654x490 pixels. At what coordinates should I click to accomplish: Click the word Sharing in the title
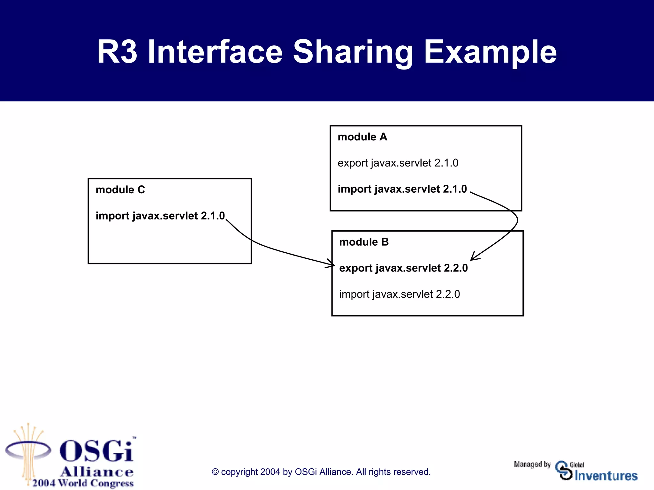click(353, 52)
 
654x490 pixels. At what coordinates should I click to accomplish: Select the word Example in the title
click(490, 52)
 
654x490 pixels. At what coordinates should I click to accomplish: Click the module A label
click(362, 137)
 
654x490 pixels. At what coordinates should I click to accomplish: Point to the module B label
click(364, 242)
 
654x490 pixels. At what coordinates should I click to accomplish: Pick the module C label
click(120, 190)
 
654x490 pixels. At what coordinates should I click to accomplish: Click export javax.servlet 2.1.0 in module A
click(398, 163)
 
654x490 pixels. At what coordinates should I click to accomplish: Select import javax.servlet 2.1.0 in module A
click(402, 189)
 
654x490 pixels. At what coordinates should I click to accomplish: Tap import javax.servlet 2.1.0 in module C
click(160, 216)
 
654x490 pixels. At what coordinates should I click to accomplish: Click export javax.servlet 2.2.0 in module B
click(403, 268)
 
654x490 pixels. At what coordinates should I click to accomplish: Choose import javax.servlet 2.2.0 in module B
click(399, 294)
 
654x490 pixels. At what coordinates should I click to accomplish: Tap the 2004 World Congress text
click(83, 483)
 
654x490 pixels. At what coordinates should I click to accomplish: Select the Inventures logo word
click(606, 476)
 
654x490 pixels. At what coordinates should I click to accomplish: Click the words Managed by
click(532, 464)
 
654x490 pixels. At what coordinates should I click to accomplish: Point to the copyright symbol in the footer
click(215, 472)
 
